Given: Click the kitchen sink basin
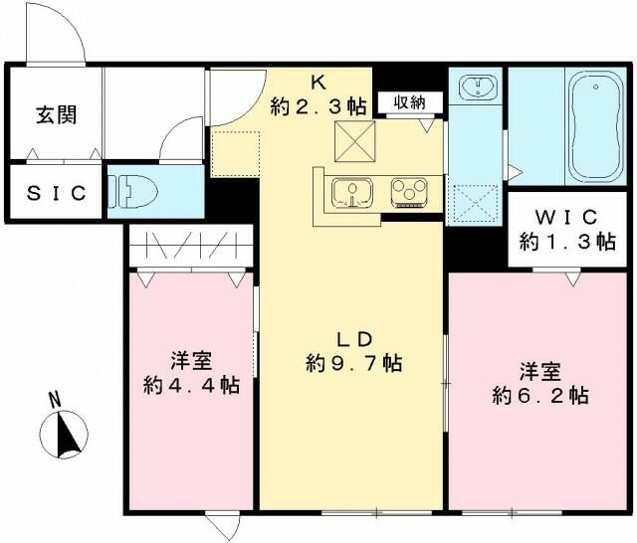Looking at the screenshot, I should pos(349,190).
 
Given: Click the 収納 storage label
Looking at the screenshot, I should pos(409,101).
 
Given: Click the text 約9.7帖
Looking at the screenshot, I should pos(353,363).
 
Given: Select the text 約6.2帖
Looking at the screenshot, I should pos(538,394).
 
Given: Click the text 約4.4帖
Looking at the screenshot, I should pos(189,384).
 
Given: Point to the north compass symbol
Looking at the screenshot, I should pos(64,432).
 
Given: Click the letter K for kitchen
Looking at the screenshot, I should pos(320,81).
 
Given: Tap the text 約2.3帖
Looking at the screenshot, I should pos(319,103).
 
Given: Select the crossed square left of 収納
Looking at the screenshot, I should pos(351,138).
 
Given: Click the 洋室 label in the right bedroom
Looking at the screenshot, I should pos(538,370).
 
